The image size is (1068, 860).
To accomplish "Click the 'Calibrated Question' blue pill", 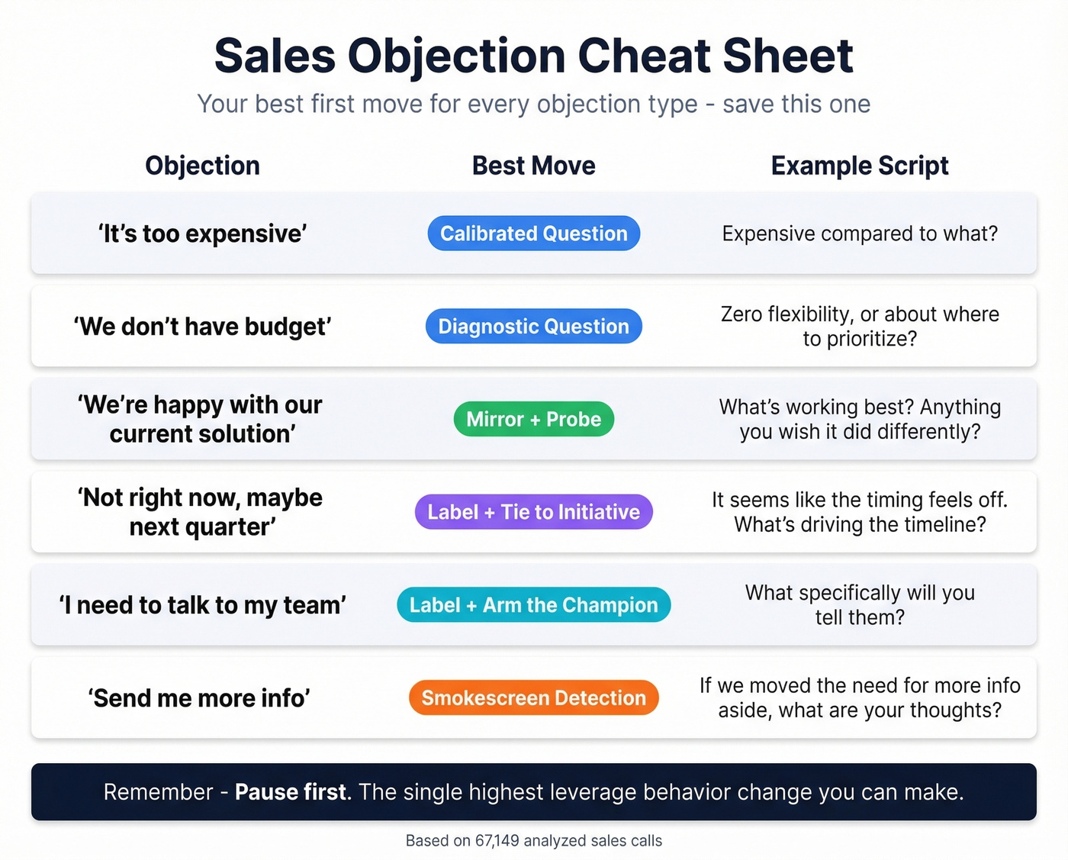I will point(533,234).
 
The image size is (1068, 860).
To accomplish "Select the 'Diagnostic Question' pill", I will point(533,327).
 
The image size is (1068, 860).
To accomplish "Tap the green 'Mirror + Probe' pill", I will point(533,419).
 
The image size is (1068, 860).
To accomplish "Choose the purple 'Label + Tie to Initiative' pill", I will point(533,512).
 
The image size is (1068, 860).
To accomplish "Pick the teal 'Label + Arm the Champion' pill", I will point(533,605).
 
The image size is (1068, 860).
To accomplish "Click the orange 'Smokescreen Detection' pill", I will point(533,698).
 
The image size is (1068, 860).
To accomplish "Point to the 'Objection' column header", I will point(202,166).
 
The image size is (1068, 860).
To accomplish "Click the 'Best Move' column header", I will point(533,166).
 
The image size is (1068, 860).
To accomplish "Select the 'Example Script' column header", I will point(860,166).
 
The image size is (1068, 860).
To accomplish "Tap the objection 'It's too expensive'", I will point(202,234).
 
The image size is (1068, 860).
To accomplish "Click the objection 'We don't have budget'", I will point(202,327).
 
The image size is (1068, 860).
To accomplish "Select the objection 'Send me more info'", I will point(199,698).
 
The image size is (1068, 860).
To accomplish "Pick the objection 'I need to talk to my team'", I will point(202,605).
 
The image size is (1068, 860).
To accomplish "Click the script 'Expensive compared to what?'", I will point(860,234).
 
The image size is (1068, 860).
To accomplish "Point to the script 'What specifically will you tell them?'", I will point(860,604).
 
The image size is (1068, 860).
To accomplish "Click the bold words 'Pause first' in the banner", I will point(291,792).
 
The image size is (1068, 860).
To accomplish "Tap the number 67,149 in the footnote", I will point(497,841).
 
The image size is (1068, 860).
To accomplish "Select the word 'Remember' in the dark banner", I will point(158,792).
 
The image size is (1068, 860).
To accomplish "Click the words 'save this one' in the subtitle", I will point(796,104).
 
